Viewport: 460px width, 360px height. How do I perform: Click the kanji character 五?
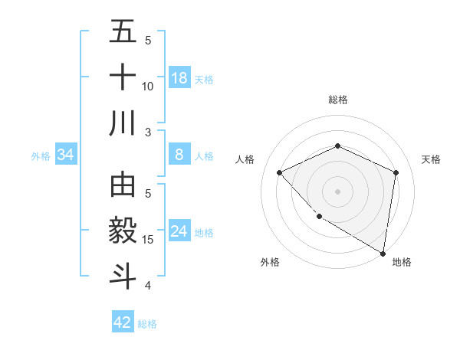(x=123, y=31)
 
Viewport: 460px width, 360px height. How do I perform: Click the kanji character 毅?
(x=123, y=231)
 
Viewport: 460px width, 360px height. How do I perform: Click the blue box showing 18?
(x=179, y=78)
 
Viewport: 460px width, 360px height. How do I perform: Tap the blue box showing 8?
(x=179, y=155)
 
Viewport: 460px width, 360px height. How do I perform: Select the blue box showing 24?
(x=179, y=231)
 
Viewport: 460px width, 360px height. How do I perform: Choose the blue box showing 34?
(x=66, y=155)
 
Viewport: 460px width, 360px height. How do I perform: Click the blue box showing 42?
(x=123, y=322)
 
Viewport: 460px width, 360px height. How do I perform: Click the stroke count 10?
(x=148, y=86)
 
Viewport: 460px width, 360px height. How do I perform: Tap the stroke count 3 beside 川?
(x=148, y=133)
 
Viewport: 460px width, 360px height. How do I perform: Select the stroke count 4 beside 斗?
(x=148, y=286)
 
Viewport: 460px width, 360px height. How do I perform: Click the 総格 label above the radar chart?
(x=337, y=100)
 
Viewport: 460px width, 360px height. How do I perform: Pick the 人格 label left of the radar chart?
(x=245, y=159)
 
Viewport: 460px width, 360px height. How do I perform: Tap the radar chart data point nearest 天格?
(x=396, y=172)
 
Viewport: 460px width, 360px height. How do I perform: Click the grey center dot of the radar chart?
(x=337, y=191)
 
